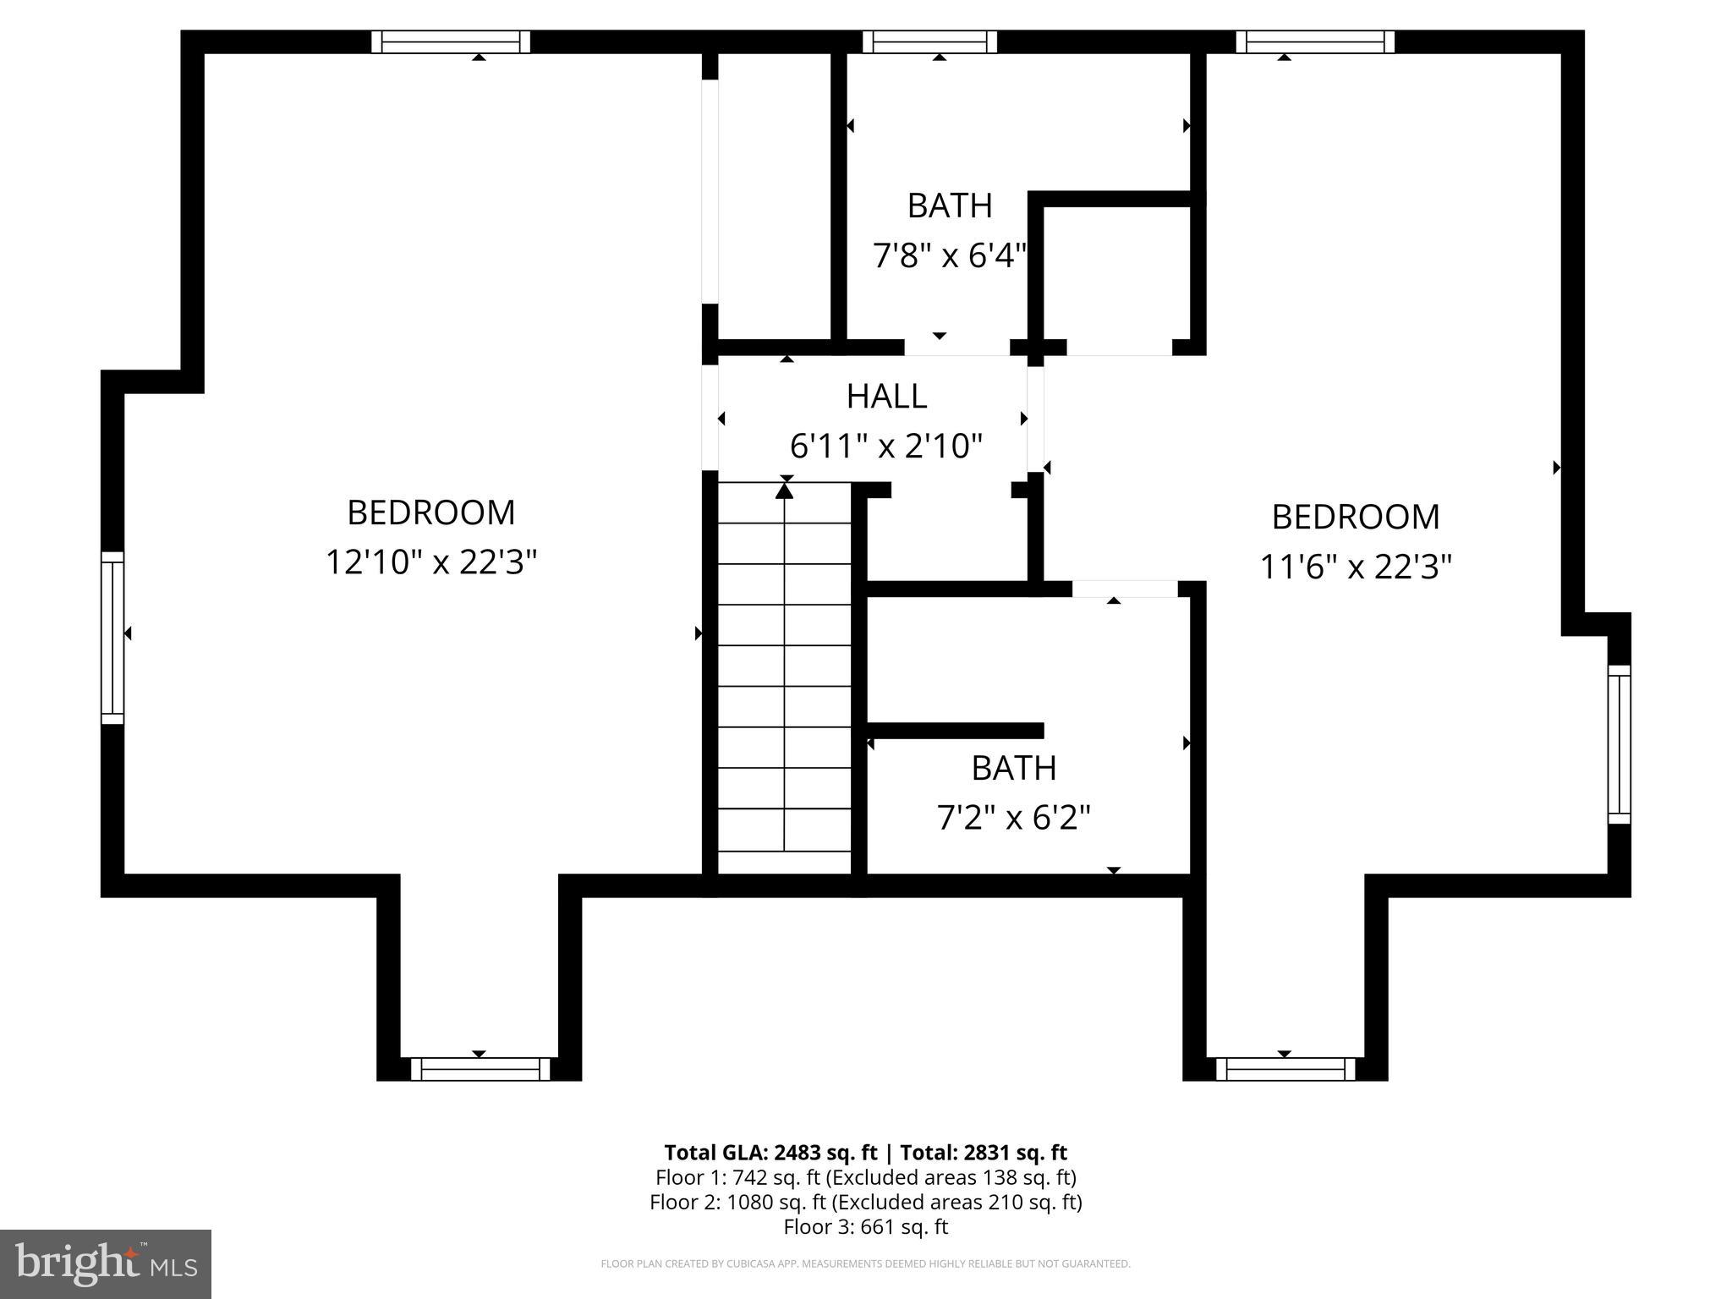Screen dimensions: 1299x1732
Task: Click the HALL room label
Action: [886, 396]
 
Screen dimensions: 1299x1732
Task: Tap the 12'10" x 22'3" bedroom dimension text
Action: [431, 562]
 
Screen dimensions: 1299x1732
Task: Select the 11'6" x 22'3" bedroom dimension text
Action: [1356, 567]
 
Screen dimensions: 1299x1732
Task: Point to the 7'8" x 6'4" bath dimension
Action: [949, 255]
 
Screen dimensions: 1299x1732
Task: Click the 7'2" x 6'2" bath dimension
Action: [1013, 818]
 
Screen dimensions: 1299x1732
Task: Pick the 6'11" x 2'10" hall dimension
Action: [886, 446]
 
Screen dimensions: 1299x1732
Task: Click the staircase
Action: [784, 677]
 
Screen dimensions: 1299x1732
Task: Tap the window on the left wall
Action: [112, 638]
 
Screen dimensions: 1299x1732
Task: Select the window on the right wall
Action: [1619, 744]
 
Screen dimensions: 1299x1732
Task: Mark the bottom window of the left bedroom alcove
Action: [480, 1069]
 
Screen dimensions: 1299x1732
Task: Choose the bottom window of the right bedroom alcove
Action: [1285, 1069]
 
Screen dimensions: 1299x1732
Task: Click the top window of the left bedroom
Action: [451, 41]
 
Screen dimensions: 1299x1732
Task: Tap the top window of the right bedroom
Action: [1315, 41]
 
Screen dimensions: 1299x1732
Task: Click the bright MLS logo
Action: [106, 1263]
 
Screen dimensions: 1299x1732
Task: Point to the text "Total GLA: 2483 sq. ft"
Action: [770, 1153]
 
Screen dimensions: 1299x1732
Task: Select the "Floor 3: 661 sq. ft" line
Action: [865, 1226]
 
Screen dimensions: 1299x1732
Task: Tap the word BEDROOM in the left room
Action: [431, 512]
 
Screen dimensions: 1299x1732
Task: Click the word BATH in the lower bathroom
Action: [1013, 768]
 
